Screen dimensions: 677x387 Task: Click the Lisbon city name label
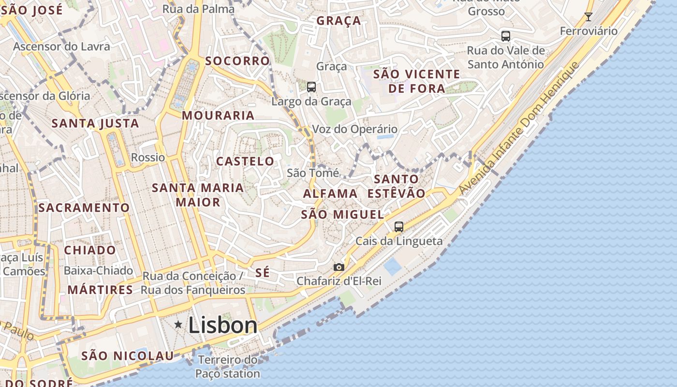223,325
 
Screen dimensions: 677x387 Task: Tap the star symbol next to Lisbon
178,325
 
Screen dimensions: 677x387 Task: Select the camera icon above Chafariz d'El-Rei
339,267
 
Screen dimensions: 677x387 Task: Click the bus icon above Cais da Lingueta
399,226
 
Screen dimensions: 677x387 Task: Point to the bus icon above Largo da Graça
311,87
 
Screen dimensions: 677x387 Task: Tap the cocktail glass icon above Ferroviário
589,17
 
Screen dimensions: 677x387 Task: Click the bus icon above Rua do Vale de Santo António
506,36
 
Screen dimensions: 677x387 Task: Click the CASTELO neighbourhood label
245,162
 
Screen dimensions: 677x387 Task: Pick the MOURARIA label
218,116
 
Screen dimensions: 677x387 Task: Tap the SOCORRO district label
237,61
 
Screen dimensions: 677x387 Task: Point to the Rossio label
148,158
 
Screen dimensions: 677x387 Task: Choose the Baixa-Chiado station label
98,270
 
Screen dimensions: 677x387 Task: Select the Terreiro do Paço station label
228,367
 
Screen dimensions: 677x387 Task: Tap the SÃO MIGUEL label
342,215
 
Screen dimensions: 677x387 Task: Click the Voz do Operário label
355,130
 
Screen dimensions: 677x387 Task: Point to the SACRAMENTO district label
84,208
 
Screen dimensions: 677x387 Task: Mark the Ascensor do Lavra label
62,47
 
